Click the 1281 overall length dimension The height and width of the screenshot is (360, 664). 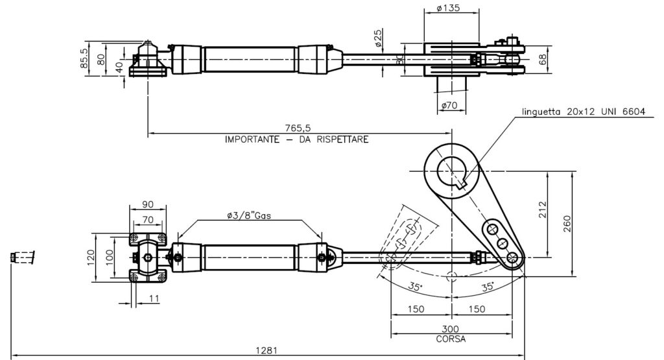267,350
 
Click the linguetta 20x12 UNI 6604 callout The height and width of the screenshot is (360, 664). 583,112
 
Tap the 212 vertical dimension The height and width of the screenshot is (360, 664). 543,210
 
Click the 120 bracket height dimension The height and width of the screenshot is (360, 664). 91,258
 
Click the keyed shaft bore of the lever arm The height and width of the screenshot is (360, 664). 451,172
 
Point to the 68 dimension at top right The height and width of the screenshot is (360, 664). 543,60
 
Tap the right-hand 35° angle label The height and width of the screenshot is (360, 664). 488,286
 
